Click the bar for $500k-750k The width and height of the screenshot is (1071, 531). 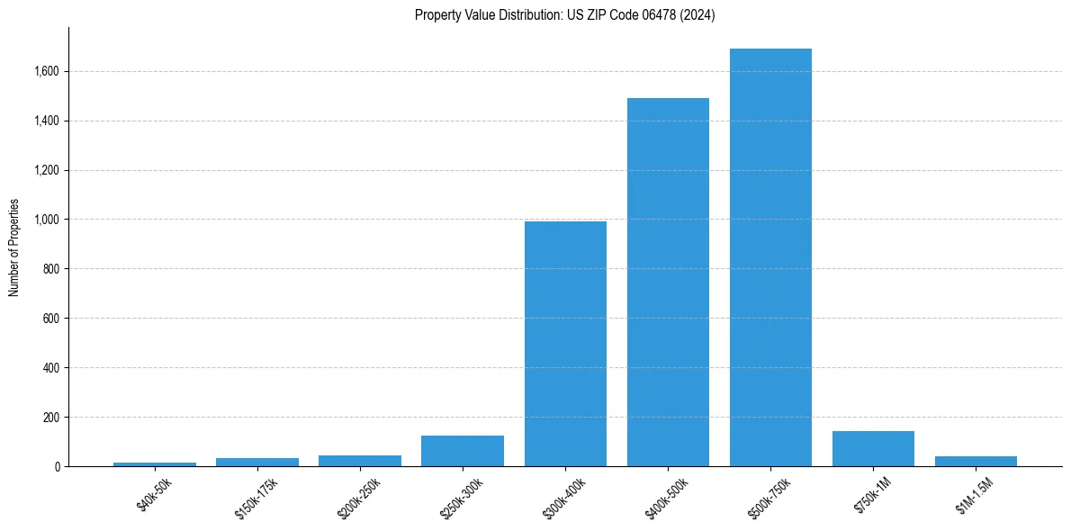pyautogui.click(x=770, y=257)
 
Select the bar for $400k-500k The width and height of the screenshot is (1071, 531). pyautogui.click(x=668, y=282)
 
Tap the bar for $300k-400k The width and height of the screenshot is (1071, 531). pyautogui.click(x=565, y=344)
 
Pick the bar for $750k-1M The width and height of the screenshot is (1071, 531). pyautogui.click(x=873, y=449)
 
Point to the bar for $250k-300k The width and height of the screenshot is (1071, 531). pyautogui.click(x=463, y=451)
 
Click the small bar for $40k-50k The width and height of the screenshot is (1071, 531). pyautogui.click(x=155, y=464)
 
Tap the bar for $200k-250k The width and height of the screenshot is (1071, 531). pyautogui.click(x=360, y=461)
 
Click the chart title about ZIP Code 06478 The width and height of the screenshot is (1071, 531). pyautogui.click(x=564, y=15)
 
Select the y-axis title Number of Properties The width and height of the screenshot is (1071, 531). pyautogui.click(x=14, y=247)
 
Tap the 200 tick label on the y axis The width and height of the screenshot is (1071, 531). pyautogui.click(x=50, y=418)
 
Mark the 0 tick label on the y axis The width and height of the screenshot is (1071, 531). pyautogui.click(x=56, y=467)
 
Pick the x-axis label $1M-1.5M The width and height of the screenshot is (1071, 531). pyautogui.click(x=969, y=495)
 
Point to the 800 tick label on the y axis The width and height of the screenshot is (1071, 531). pyautogui.click(x=50, y=269)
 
